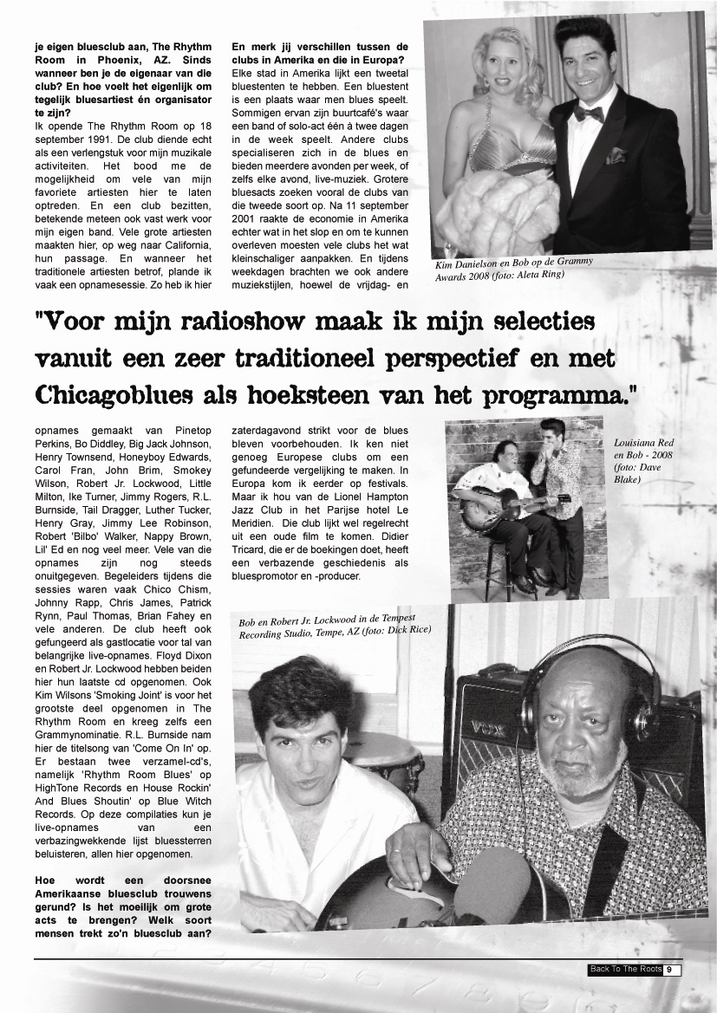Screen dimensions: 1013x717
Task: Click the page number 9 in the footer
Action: click(x=670, y=970)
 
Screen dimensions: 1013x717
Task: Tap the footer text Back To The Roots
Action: click(x=625, y=970)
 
